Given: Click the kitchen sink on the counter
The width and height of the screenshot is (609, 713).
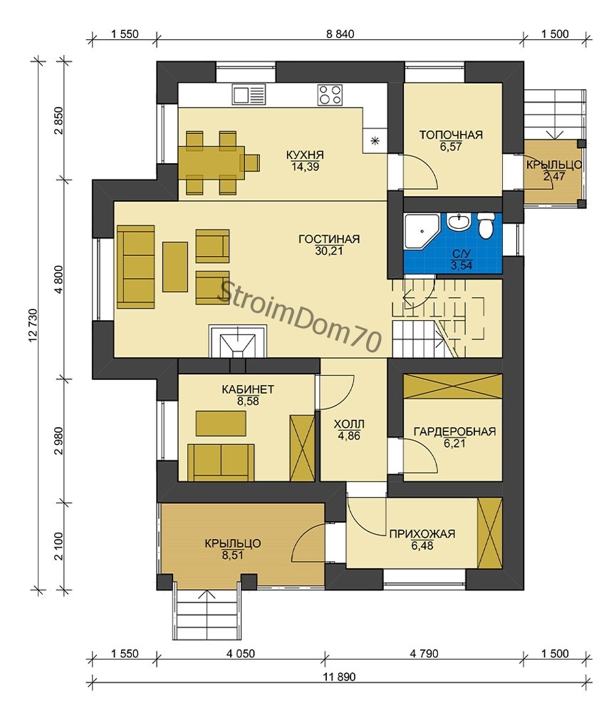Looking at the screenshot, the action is click(249, 95).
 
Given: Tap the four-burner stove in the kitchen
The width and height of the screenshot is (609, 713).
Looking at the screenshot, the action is click(330, 95).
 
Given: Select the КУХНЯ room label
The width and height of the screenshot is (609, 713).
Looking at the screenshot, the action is click(305, 155).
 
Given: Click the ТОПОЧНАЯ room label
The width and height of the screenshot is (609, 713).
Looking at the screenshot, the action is click(450, 135).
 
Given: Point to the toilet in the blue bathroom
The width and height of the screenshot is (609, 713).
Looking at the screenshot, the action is click(486, 226).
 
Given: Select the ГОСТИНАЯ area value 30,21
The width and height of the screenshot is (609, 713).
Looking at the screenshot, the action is click(329, 250).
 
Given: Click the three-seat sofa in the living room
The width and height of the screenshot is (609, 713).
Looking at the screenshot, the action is click(136, 267).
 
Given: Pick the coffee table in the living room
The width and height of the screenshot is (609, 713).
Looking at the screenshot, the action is click(175, 267).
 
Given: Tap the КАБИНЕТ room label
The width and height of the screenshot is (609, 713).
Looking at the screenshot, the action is click(247, 390).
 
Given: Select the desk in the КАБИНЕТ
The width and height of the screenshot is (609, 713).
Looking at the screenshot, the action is click(222, 424).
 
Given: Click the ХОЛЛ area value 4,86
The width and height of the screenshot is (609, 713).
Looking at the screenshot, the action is click(349, 436).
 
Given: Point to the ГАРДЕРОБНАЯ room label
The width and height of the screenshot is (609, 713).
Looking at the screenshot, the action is click(454, 431).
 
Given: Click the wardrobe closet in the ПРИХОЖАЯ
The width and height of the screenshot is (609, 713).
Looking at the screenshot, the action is click(490, 533).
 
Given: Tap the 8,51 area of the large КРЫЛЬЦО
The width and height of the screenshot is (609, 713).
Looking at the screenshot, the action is click(232, 555).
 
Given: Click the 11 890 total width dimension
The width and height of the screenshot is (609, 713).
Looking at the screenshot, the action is click(340, 677).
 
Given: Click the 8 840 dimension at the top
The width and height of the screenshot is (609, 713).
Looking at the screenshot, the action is click(340, 34).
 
